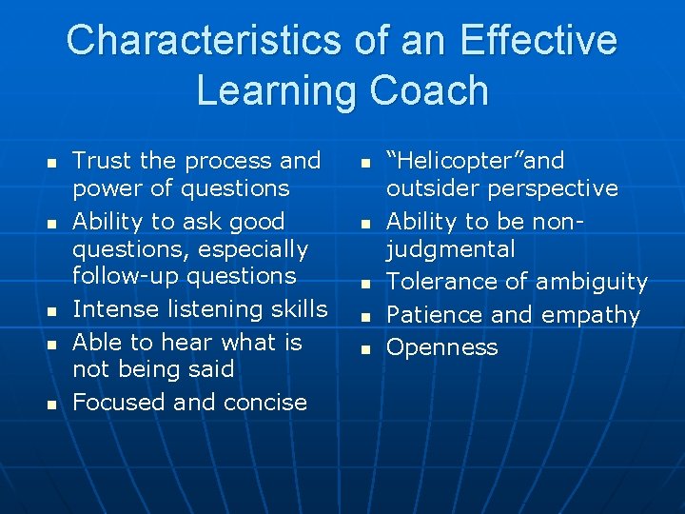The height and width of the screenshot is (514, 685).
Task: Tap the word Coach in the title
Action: pyautogui.click(x=429, y=90)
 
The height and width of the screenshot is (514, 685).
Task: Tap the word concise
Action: pyautogui.click(x=264, y=403)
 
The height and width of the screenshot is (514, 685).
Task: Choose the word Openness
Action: pyautogui.click(x=442, y=347)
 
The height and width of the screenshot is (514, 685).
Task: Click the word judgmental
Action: pyautogui.click(x=450, y=249)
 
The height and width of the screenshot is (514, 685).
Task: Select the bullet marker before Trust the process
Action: pyautogui.click(x=53, y=163)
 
